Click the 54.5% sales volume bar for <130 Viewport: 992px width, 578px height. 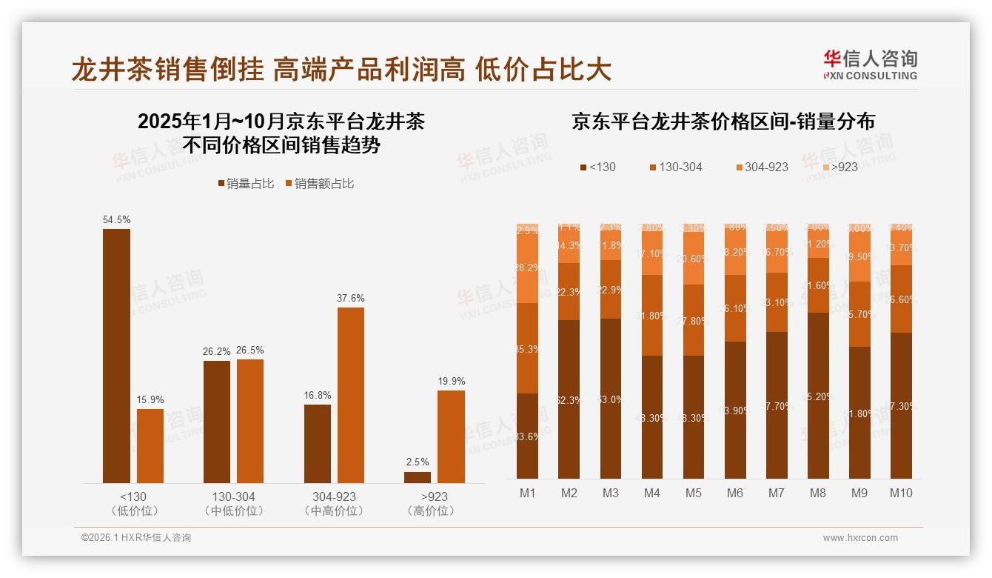[116, 356]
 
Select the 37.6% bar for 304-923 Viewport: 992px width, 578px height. [351, 395]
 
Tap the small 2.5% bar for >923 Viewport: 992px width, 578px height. [418, 477]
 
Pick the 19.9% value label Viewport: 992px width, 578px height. [452, 381]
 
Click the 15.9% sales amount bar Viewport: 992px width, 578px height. [150, 445]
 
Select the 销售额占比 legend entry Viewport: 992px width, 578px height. [319, 183]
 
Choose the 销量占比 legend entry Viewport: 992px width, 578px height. [245, 183]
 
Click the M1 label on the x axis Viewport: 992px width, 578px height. [527, 493]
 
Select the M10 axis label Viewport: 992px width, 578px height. [901, 493]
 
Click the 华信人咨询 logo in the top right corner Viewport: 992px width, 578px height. [870, 64]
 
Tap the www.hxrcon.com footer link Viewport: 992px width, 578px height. [860, 538]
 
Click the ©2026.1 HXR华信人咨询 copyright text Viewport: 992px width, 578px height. [135, 538]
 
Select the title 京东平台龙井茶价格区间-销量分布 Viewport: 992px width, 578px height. [723, 122]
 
